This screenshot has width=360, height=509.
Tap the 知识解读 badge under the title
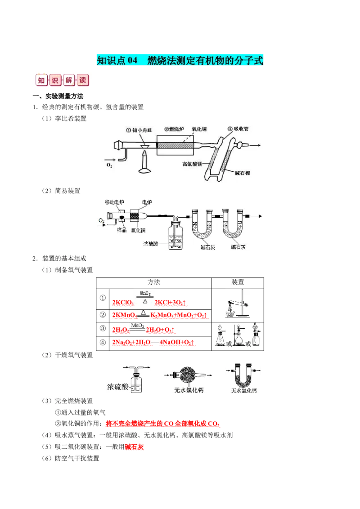click(x=63, y=80)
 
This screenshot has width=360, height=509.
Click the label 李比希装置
click(x=71, y=118)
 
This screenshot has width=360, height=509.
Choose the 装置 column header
click(x=238, y=282)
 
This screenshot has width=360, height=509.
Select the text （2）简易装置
click(x=59, y=191)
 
